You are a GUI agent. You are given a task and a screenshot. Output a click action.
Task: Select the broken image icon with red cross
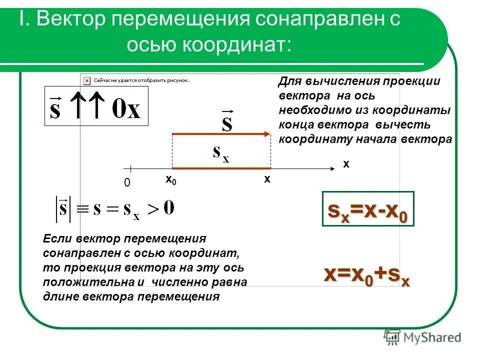pyautogui.click(x=86, y=79)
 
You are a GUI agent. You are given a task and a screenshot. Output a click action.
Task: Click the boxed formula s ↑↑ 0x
pyautogui.click(x=96, y=106)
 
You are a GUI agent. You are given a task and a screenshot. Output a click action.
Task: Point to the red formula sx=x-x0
pyautogui.click(x=367, y=209)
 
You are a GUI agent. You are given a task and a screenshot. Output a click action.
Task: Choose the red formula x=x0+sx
pyautogui.click(x=367, y=275)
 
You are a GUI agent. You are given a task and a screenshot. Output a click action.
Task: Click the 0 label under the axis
pyautogui.click(x=126, y=183)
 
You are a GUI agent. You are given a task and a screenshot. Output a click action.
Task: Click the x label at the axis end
pyautogui.click(x=346, y=163)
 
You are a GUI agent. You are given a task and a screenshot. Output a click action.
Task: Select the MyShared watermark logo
pyautogui.click(x=422, y=337)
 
